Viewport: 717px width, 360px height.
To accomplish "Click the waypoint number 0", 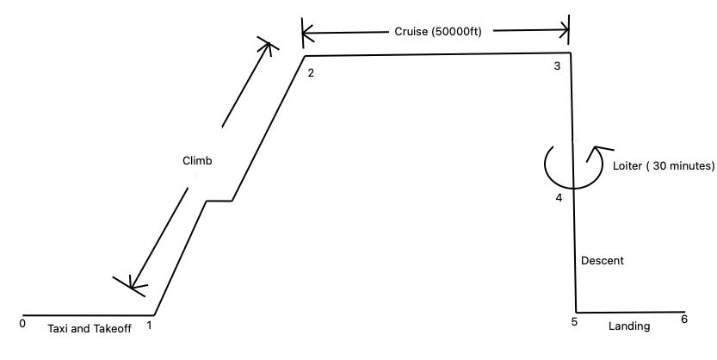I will pos(22,324).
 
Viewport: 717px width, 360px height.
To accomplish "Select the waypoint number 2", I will pos(311,72).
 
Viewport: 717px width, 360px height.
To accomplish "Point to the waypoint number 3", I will pos(557,66).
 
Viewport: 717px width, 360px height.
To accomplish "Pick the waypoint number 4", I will pos(559,198).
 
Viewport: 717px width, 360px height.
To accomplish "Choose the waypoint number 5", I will pos(573,322).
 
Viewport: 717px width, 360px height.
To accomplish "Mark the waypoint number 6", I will pos(683,320).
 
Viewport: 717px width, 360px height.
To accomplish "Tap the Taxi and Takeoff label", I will pos(90,328).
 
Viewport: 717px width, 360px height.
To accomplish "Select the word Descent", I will pos(603,260).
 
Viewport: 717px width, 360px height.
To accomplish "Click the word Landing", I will pos(629,326).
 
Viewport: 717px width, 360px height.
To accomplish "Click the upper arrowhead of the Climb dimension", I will pos(269,45).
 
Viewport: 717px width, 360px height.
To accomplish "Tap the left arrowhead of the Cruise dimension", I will pos(306,34).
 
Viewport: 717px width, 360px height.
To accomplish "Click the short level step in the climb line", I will pos(219,202).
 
